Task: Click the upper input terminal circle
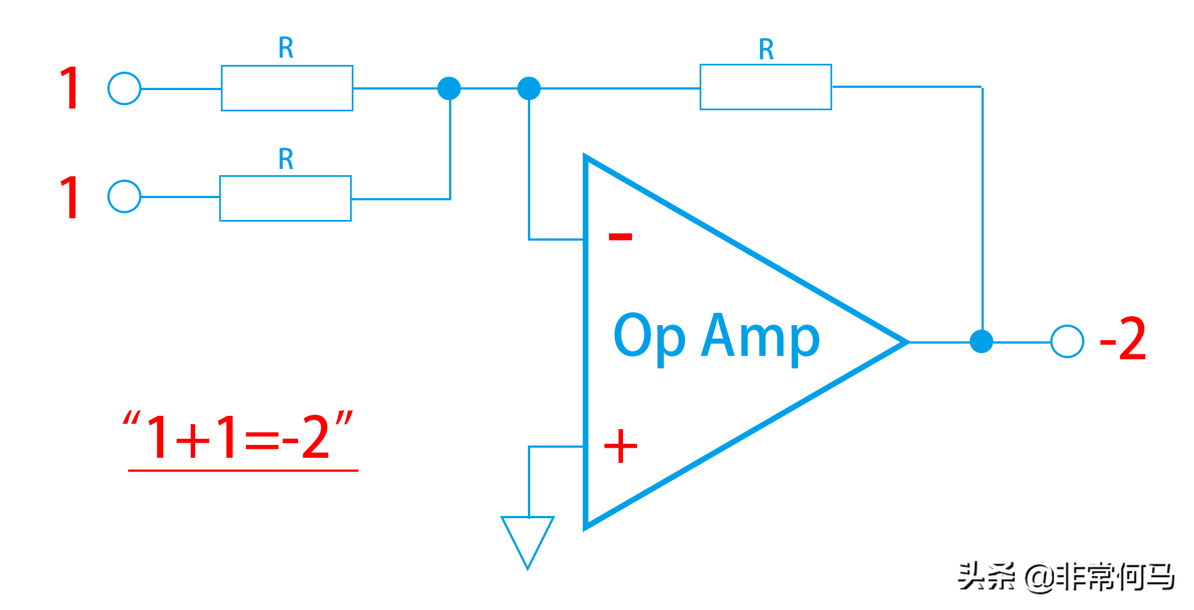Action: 124,88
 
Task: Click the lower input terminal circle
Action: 124,196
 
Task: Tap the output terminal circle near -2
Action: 1067,341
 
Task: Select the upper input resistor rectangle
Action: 287,88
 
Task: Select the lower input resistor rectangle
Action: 285,198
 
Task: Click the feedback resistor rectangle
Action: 766,87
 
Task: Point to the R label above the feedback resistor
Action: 766,49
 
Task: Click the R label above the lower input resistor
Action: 286,159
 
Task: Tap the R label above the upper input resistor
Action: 286,48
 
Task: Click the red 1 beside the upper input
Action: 70,88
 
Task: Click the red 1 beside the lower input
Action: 70,197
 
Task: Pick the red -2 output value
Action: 1123,339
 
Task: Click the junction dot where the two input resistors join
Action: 449,88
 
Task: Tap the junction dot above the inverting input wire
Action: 529,88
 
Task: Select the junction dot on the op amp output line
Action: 981,341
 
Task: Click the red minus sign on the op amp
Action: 620,237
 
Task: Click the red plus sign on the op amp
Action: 621,446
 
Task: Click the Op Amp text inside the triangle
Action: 716,337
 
